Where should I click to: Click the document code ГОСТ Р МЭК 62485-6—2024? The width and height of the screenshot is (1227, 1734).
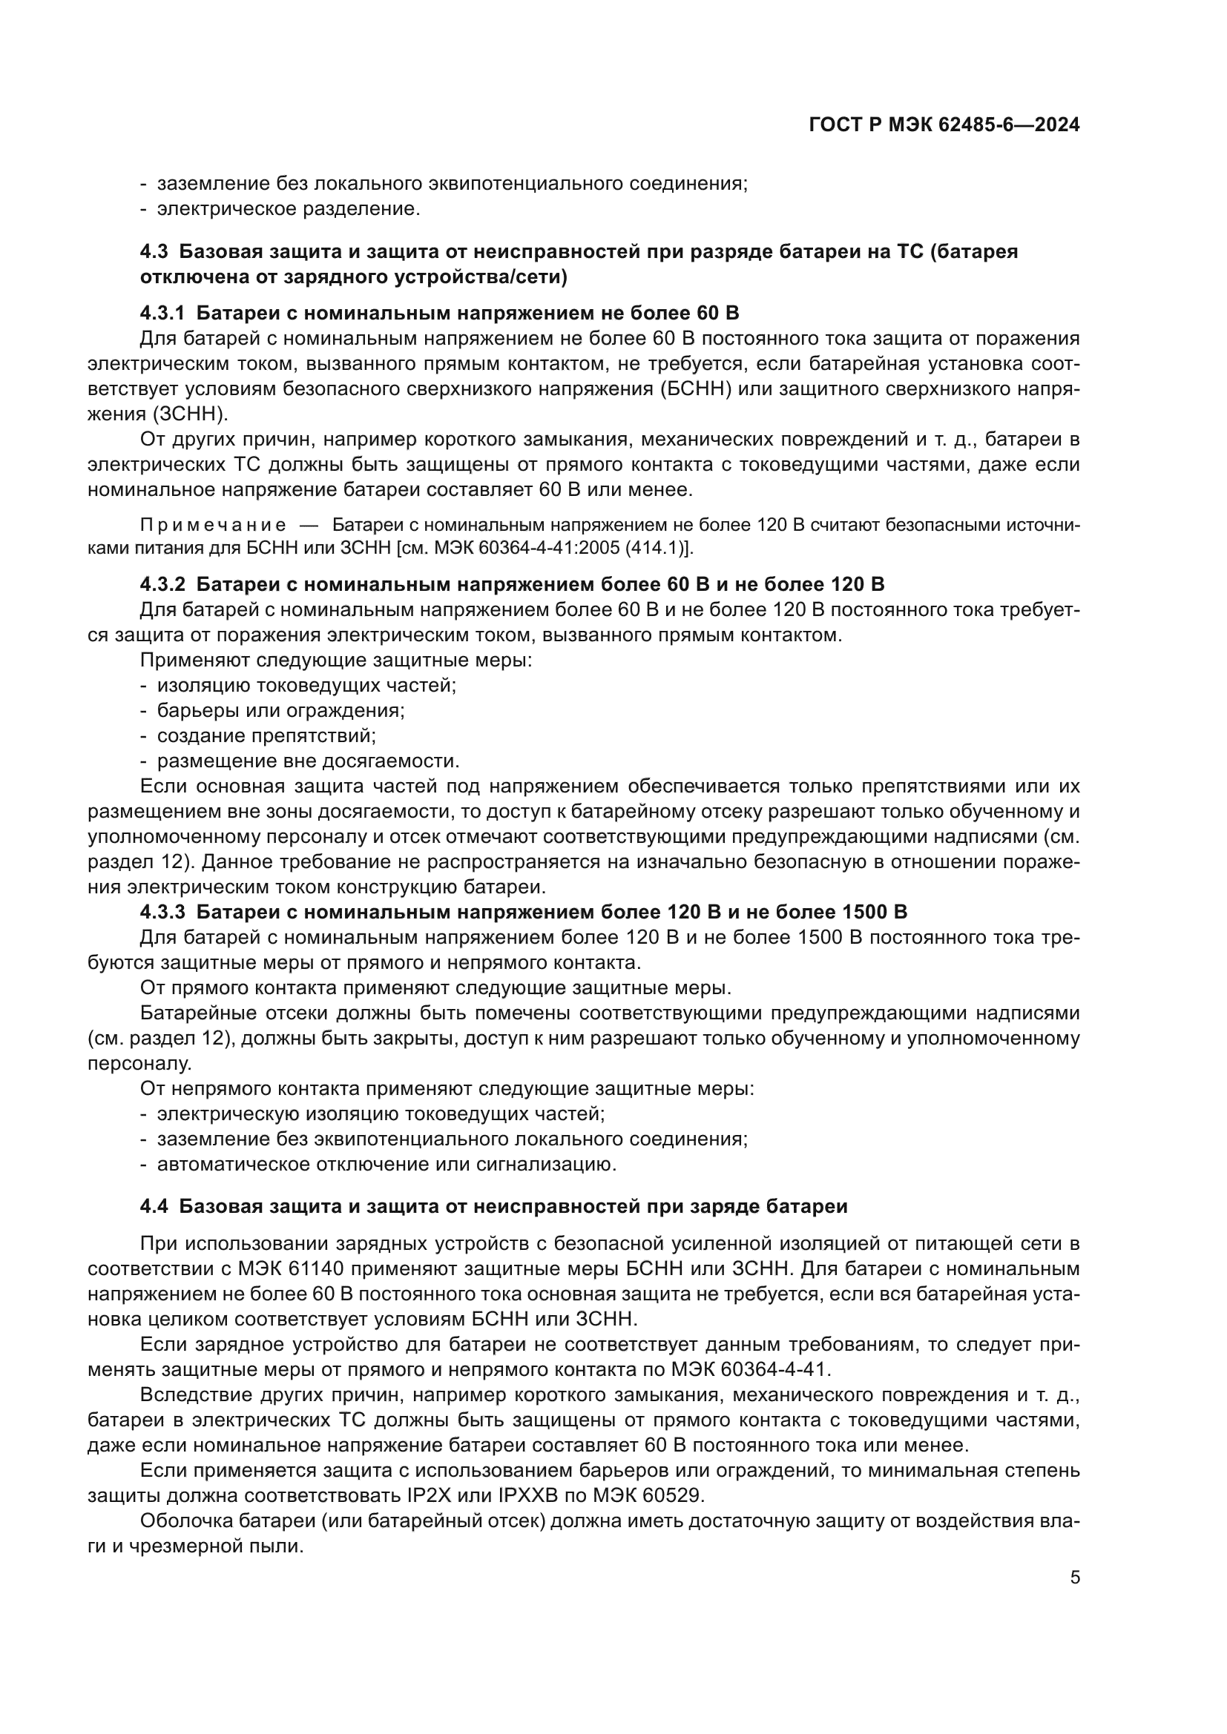(944, 125)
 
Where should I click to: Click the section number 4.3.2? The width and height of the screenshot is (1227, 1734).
(162, 584)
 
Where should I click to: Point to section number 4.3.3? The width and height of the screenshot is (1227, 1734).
(162, 912)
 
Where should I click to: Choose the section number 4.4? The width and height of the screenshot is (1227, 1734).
(154, 1206)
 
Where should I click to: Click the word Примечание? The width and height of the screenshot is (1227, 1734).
(213, 526)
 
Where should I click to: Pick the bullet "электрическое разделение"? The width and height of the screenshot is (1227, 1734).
(288, 209)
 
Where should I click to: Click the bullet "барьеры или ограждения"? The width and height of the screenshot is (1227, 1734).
(280, 711)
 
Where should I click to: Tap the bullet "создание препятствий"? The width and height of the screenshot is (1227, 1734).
(266, 735)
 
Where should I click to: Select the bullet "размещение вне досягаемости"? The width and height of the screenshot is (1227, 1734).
(308, 761)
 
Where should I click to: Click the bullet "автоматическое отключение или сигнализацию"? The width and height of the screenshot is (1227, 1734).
(386, 1164)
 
